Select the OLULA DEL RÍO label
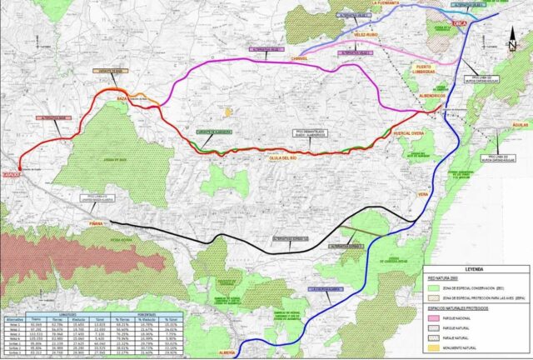[286, 157]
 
